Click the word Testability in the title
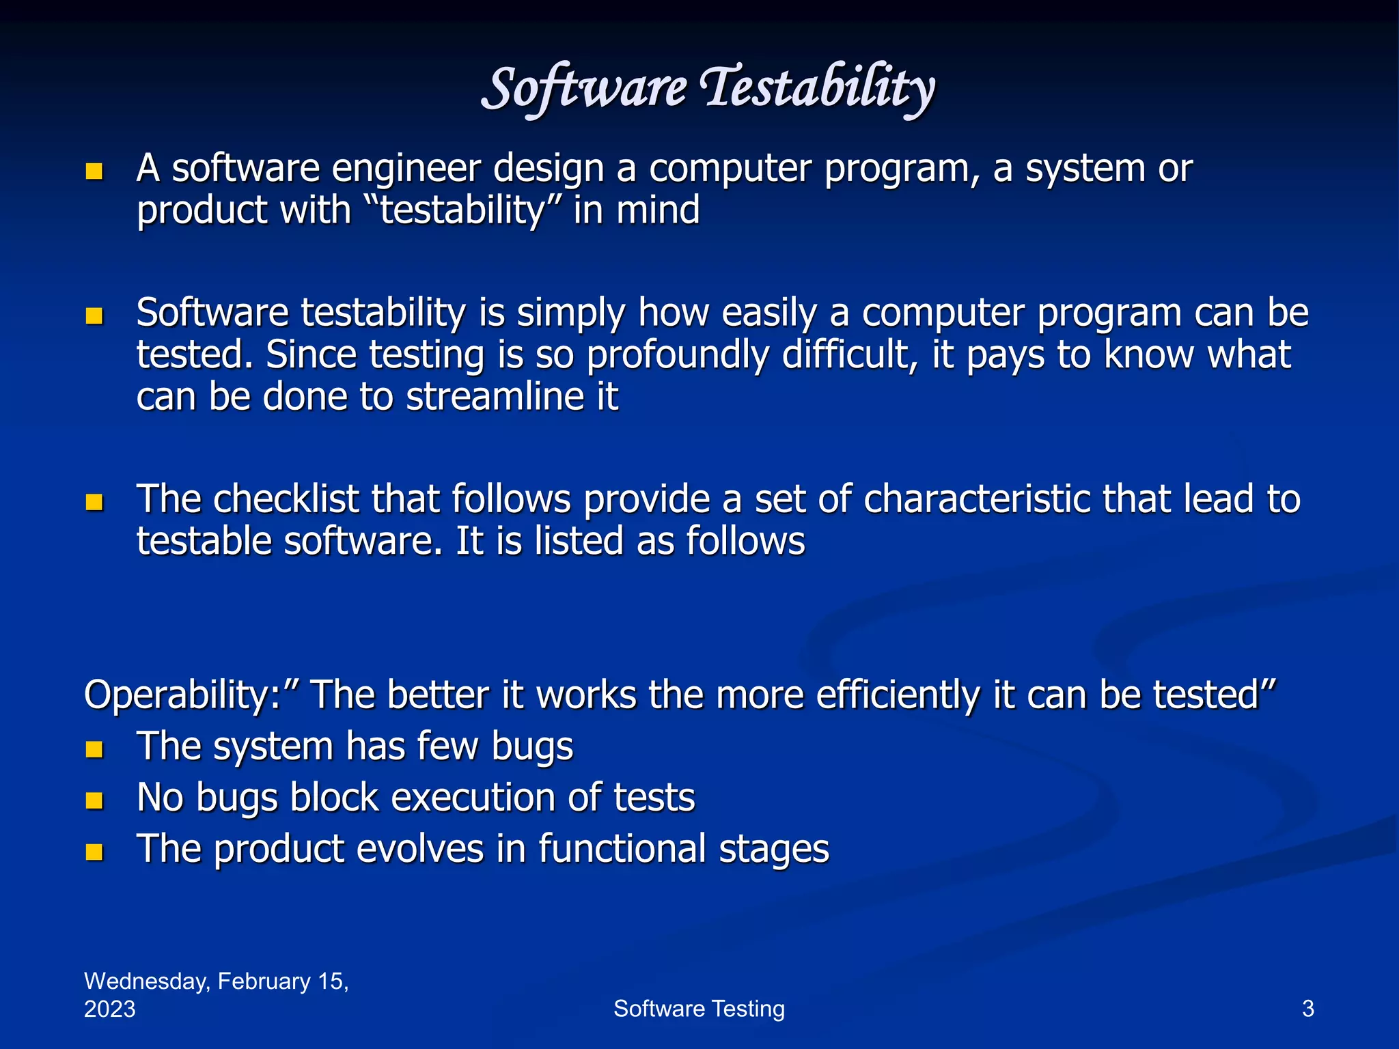818,89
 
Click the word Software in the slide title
584,89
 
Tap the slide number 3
1307,1009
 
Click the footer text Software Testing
699,1009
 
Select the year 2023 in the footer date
109,1009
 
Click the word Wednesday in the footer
146,981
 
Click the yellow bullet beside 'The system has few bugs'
94,750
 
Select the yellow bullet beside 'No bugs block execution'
94,800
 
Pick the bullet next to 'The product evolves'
94,852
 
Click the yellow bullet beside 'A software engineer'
94,171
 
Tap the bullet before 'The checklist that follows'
94,503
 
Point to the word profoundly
677,355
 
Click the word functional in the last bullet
622,849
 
